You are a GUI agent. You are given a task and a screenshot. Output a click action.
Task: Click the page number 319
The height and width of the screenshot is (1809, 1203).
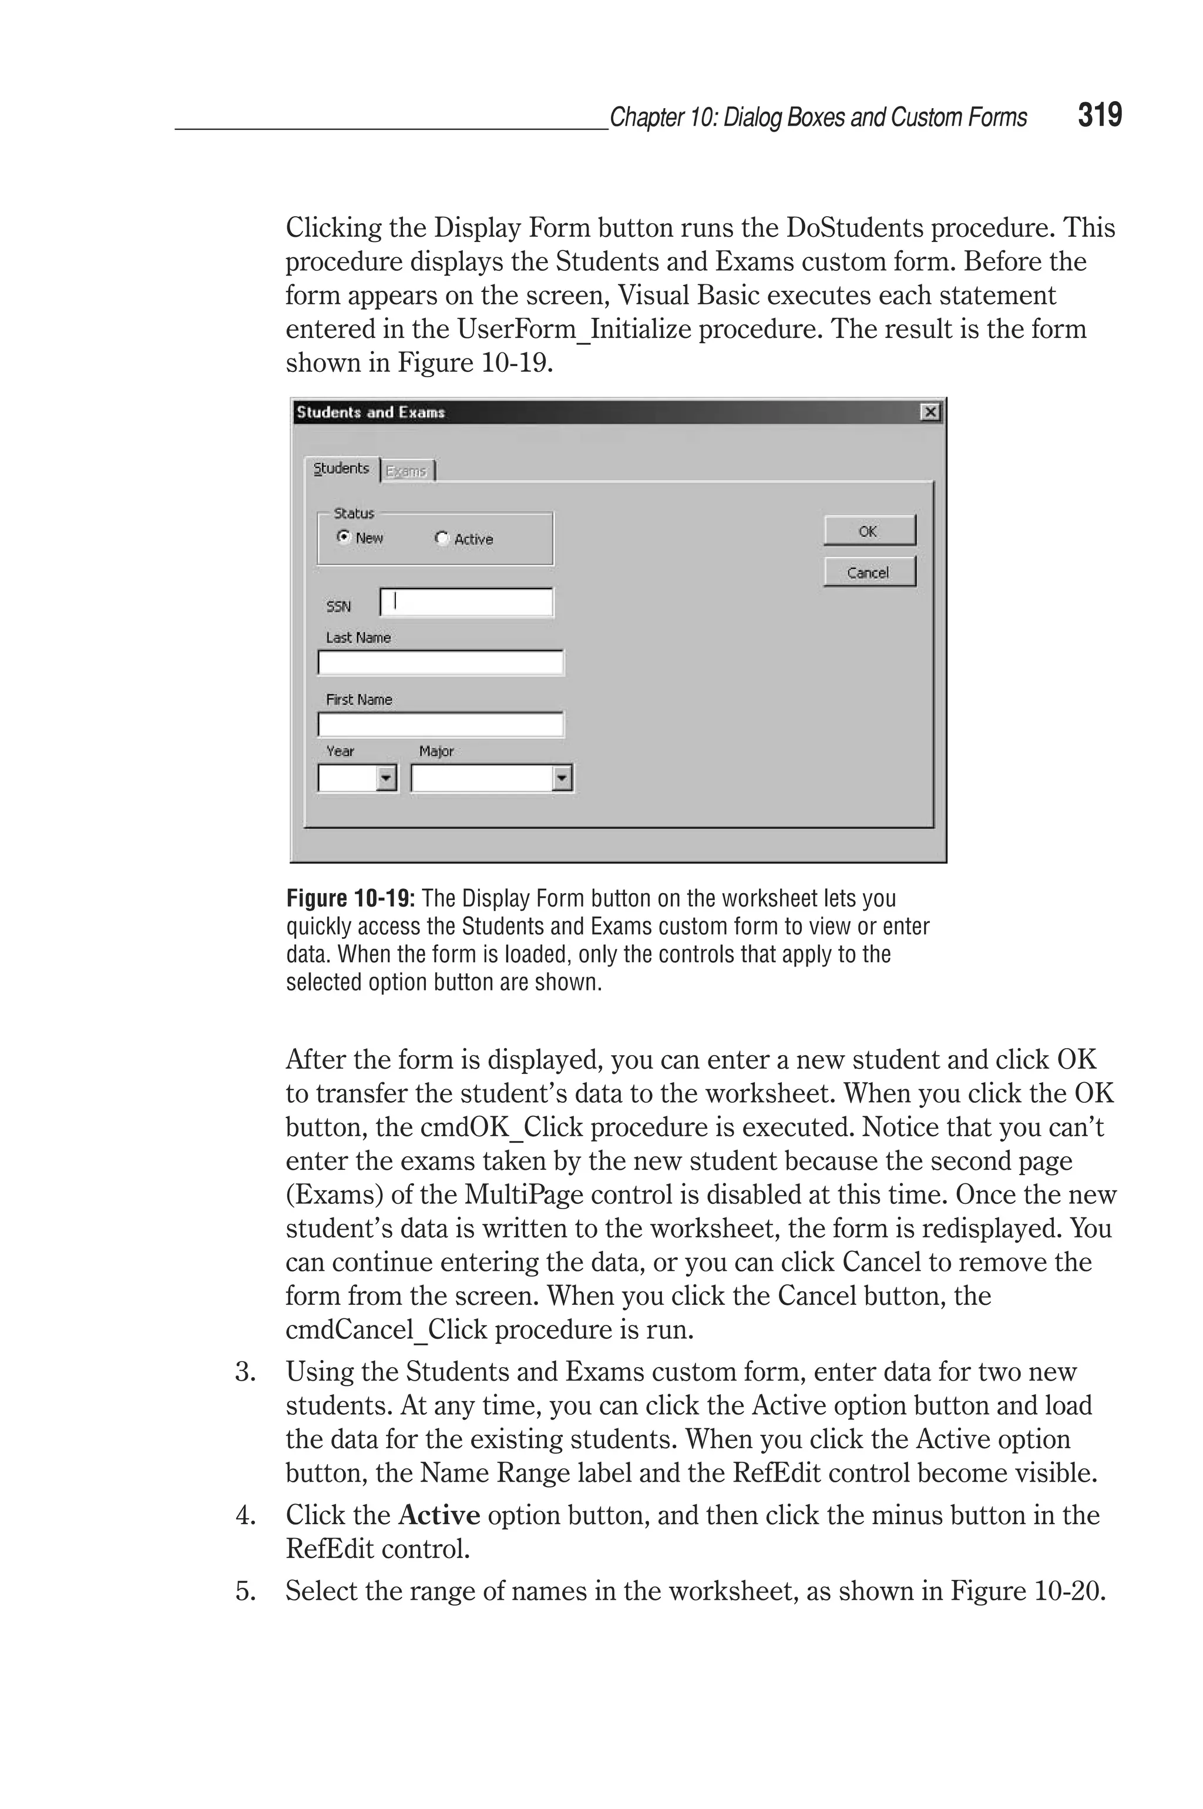tap(1100, 116)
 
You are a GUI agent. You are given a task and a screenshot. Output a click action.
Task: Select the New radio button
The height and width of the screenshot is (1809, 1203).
tap(344, 537)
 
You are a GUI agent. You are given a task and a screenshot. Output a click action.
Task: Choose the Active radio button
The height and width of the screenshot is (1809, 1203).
tap(441, 539)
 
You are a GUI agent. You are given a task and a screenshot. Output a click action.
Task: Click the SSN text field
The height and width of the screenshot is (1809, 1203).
tap(466, 602)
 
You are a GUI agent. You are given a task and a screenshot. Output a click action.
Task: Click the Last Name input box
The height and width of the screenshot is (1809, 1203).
tap(441, 663)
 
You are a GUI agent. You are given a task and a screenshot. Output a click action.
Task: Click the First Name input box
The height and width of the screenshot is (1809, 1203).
tap(441, 724)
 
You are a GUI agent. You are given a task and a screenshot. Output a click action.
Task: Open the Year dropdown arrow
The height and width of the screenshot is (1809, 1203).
tap(386, 778)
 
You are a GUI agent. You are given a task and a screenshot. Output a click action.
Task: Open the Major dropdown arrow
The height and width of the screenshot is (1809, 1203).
tap(562, 778)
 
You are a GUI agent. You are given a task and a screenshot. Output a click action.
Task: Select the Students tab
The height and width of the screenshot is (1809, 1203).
tap(341, 469)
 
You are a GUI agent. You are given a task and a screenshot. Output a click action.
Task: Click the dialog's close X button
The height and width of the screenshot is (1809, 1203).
tap(930, 413)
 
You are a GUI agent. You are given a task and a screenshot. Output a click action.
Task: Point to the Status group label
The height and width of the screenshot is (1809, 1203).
tap(354, 513)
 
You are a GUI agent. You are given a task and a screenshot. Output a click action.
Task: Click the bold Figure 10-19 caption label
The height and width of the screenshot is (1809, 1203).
tap(351, 898)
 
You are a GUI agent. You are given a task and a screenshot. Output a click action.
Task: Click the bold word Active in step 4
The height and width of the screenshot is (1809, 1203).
tap(439, 1515)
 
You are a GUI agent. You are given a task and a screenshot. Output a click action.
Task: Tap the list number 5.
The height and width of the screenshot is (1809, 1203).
tap(245, 1590)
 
